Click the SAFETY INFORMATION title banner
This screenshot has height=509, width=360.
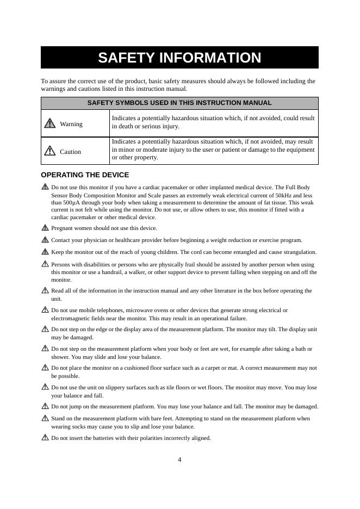(x=179, y=58)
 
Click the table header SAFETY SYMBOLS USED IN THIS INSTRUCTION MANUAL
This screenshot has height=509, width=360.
(x=179, y=103)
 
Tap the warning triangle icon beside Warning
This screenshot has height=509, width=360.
(x=50, y=123)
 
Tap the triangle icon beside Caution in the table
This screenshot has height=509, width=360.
(x=50, y=151)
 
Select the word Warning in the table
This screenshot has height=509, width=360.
(x=71, y=124)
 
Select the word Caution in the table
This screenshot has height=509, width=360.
(x=70, y=152)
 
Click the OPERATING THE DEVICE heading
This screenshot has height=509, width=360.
(x=85, y=175)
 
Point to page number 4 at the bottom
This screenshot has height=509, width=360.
(x=179, y=460)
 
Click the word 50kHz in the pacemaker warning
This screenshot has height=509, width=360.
(x=284, y=194)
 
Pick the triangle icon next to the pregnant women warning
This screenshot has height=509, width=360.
(x=45, y=228)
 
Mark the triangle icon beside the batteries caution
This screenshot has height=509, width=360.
(x=45, y=437)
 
